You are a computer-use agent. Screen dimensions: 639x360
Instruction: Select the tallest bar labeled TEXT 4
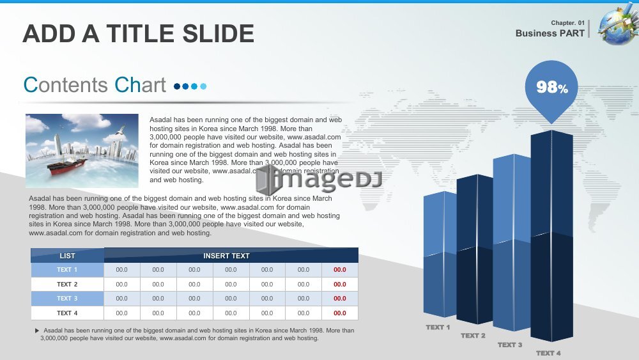click(x=552, y=236)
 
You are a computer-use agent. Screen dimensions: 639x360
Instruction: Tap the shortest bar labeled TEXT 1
click(x=440, y=254)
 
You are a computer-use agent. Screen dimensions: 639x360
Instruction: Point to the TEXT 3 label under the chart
click(x=510, y=345)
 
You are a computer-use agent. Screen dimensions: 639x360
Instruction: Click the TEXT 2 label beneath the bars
click(x=473, y=336)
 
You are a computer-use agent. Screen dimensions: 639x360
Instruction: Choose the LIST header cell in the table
click(x=67, y=256)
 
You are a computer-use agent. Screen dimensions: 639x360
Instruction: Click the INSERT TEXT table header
click(x=227, y=256)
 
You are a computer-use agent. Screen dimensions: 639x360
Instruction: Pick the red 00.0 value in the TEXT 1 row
click(x=340, y=270)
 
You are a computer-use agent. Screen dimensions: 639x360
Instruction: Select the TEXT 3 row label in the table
click(x=67, y=299)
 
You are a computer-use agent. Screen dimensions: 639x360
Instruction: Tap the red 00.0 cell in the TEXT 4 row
click(x=340, y=313)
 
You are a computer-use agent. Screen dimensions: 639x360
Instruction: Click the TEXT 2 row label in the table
click(x=67, y=284)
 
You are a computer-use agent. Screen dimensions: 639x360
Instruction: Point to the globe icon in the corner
click(x=618, y=24)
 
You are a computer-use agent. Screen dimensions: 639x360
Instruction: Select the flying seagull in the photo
click(x=120, y=130)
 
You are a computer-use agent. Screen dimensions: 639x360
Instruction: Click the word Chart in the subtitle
click(x=140, y=85)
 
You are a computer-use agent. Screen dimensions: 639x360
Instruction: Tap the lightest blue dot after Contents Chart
click(x=203, y=86)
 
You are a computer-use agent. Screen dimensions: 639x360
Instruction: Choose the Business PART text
click(x=550, y=33)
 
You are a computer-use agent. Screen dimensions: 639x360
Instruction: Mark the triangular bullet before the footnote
click(x=37, y=331)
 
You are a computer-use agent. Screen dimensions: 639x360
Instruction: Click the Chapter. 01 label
click(x=567, y=23)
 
